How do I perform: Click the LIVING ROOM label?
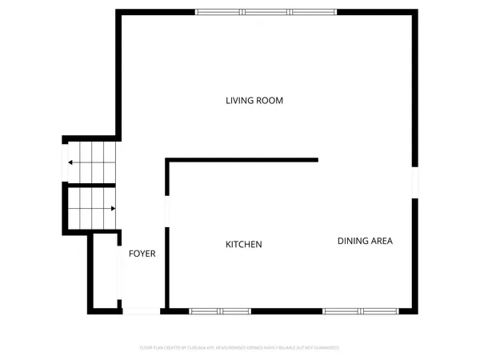click(254, 101)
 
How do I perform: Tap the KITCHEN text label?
click(243, 244)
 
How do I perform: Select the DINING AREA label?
click(365, 241)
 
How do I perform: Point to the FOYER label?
click(142, 254)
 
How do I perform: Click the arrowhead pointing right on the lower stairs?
click(113, 208)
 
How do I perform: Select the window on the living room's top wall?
click(266, 12)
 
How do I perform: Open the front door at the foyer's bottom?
click(142, 310)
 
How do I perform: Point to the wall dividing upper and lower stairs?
click(90, 183)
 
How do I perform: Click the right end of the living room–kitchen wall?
click(317, 160)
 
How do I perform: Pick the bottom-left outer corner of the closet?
click(89, 311)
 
